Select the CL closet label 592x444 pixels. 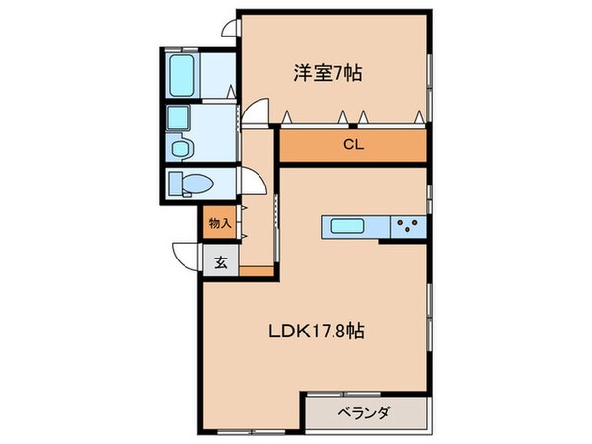click(352, 144)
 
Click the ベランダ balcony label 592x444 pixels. click(368, 413)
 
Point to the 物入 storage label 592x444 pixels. click(219, 224)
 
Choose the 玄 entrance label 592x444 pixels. click(220, 262)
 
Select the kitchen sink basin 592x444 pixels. click(347, 227)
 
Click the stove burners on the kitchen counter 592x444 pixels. click(407, 227)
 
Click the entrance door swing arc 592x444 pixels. click(185, 256)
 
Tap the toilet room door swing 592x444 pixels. click(251, 184)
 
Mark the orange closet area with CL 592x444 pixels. click(352, 144)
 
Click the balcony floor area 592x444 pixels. click(368, 413)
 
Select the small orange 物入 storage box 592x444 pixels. click(219, 224)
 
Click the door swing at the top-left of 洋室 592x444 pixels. click(229, 27)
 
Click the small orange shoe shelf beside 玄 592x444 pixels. click(256, 271)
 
